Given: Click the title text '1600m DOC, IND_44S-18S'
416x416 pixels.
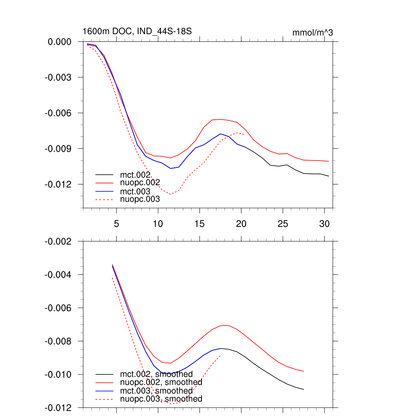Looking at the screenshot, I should (x=137, y=31).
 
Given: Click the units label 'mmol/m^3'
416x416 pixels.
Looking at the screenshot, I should (x=312, y=32).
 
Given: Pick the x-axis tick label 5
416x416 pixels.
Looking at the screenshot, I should (x=116, y=224).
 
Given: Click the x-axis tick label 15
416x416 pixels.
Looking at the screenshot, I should (x=199, y=224).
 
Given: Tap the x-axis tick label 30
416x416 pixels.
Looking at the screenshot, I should (x=324, y=224).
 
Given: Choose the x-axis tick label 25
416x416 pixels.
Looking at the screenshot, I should (x=283, y=224).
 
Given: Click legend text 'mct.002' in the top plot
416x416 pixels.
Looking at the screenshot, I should (x=135, y=175).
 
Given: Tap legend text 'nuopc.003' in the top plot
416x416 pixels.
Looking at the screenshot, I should (x=140, y=199).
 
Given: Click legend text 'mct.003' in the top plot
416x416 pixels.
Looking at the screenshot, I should (x=135, y=191).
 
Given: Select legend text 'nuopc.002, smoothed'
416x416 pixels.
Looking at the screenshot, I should (x=161, y=382).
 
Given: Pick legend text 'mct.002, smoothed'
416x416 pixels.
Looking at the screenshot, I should (x=156, y=374).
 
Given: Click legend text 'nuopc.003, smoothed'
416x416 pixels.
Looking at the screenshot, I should (x=161, y=399).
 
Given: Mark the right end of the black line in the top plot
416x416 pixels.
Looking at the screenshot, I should (x=329, y=176).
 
